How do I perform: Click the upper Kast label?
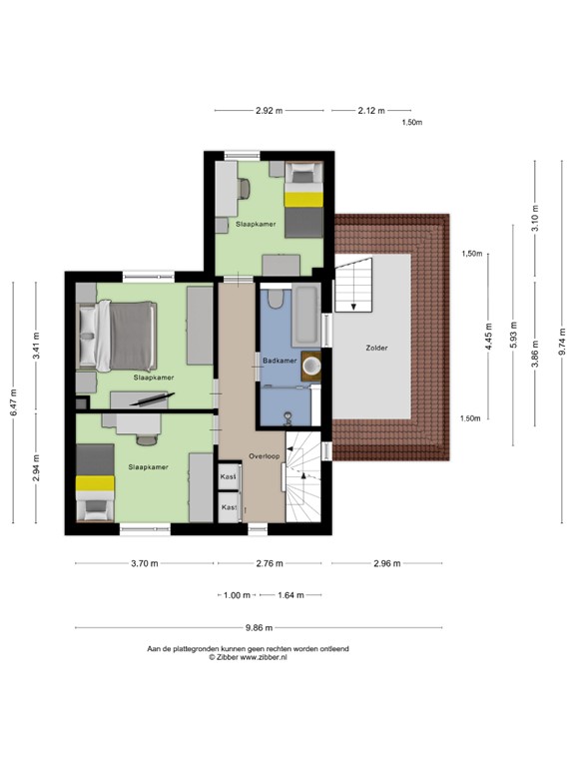pos(229,478)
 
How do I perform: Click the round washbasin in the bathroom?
pos(314,365)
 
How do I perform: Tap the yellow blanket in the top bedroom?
pos(302,199)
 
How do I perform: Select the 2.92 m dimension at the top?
pos(269,111)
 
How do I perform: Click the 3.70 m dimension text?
pos(145,563)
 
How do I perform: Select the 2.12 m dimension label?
pos(370,111)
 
